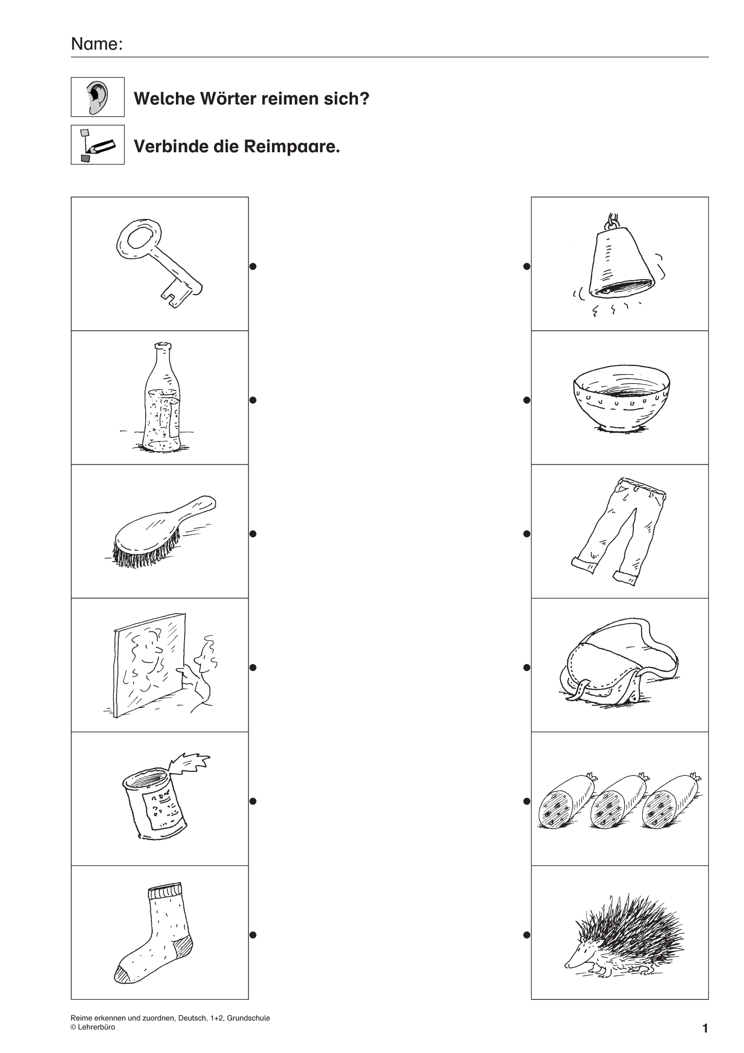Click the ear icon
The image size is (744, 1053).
click(x=98, y=97)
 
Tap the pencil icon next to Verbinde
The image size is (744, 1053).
click(x=98, y=145)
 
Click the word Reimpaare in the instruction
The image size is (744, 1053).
click(x=292, y=146)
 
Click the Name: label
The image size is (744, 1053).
click(x=97, y=44)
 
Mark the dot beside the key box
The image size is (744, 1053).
click(x=253, y=266)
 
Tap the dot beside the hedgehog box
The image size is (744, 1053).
click(x=527, y=935)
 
